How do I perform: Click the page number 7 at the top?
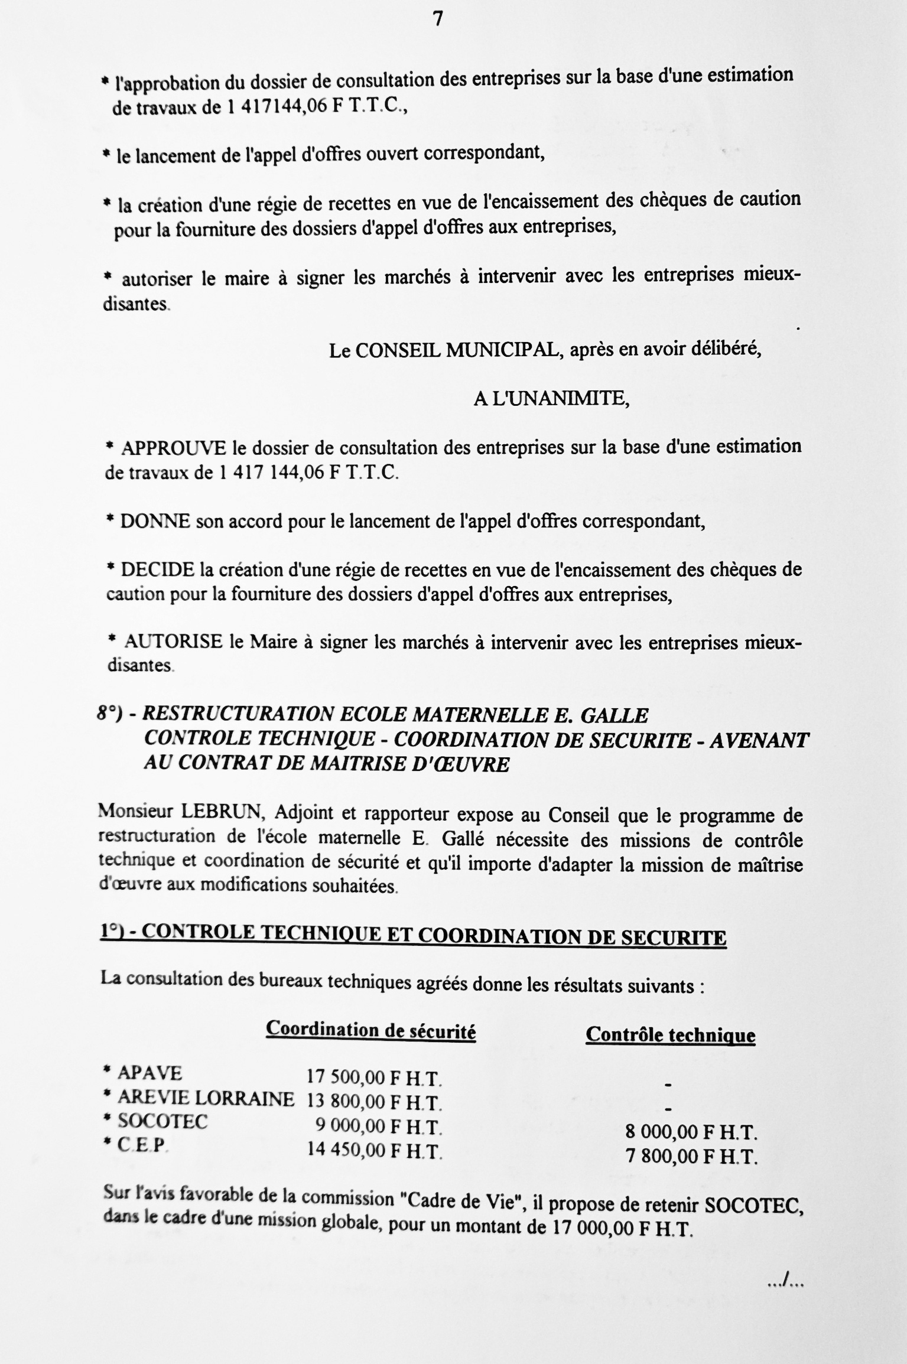point(438,19)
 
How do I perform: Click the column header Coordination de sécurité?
point(370,1030)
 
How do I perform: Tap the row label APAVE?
point(150,1072)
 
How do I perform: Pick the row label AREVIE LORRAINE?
point(205,1098)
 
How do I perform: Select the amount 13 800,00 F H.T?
point(374,1102)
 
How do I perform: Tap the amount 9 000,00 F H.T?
point(378,1126)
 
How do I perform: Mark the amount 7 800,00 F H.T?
point(691,1155)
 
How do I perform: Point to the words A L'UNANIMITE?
point(551,399)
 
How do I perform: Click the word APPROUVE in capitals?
point(173,448)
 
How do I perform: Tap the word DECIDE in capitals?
point(157,569)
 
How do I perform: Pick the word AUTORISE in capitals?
point(174,641)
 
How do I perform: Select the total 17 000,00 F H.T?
point(622,1229)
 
